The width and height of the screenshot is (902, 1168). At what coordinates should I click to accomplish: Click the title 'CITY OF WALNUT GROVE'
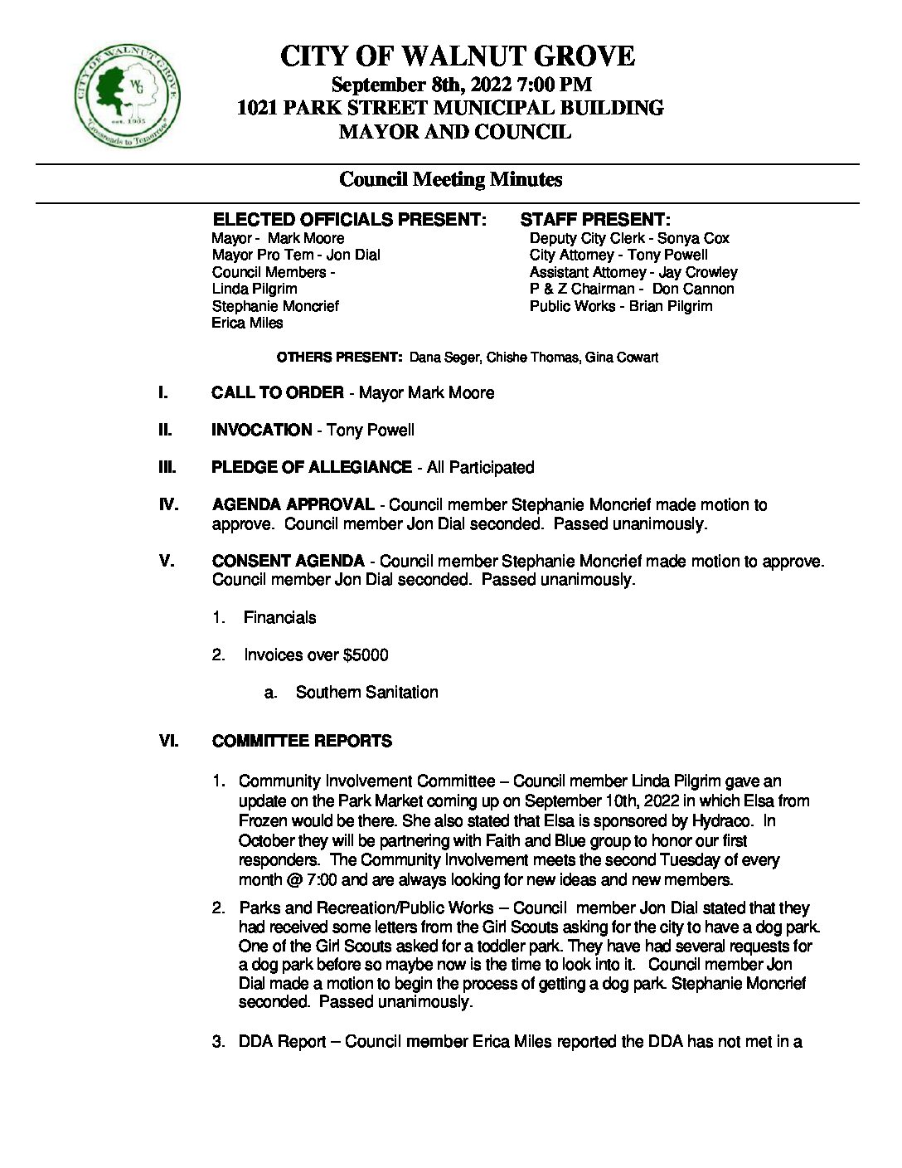(x=457, y=56)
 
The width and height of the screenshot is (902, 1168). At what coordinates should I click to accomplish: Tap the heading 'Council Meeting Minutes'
(x=451, y=179)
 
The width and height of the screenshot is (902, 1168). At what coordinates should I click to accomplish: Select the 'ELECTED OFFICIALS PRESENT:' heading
(x=349, y=220)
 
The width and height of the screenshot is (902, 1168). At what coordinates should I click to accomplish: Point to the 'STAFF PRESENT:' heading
(x=594, y=220)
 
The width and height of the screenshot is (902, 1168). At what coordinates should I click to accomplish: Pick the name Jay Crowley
(x=697, y=272)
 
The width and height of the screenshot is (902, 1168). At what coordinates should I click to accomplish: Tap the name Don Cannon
(x=692, y=289)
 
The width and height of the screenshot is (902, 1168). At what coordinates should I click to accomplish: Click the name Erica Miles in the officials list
(x=247, y=323)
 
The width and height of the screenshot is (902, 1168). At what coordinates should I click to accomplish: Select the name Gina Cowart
(x=622, y=358)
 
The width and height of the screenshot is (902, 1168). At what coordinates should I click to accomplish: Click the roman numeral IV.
(x=168, y=504)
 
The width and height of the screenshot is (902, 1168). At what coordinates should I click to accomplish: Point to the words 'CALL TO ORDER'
(x=278, y=392)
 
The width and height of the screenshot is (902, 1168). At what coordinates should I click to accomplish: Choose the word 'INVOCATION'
(x=262, y=430)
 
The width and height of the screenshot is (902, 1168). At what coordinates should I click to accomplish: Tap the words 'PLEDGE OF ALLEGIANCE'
(x=312, y=467)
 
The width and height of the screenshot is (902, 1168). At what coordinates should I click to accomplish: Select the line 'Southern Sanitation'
(x=366, y=692)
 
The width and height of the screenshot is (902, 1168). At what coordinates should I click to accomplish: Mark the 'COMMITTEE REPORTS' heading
(x=302, y=741)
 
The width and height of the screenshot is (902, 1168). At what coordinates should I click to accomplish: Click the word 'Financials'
(x=279, y=617)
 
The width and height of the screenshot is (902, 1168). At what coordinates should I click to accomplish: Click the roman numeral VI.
(x=168, y=741)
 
